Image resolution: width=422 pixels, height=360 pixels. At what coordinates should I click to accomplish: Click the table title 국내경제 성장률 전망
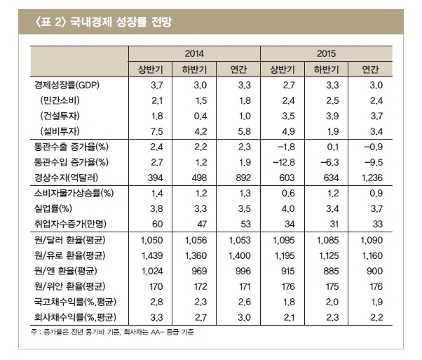[x=121, y=22]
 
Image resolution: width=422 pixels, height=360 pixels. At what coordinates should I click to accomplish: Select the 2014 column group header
[x=194, y=53]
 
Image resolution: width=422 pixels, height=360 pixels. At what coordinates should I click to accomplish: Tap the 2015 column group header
[x=326, y=53]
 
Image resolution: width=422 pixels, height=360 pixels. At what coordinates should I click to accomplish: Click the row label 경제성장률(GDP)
[x=67, y=85]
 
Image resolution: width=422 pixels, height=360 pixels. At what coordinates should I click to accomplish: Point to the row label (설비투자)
[x=60, y=131]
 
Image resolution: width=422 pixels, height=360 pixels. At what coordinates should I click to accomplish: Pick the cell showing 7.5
[x=156, y=131]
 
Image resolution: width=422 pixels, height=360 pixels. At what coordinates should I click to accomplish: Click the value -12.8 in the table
[x=284, y=163]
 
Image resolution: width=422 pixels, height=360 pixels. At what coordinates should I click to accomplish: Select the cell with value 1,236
[x=372, y=178]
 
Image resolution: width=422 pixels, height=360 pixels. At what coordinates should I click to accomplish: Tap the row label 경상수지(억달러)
[x=66, y=178]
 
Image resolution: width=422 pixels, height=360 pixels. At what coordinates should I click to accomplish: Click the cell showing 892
[x=243, y=178]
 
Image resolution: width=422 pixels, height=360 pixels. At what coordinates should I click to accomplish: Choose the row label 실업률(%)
[x=53, y=209]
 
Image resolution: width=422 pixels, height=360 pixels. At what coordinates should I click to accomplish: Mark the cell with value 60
[x=158, y=224]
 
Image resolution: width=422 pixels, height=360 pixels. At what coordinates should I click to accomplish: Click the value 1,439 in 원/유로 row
[x=152, y=255]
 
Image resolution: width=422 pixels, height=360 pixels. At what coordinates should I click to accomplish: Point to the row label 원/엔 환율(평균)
[x=65, y=271]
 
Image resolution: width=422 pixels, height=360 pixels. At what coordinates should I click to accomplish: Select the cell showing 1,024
[x=152, y=271]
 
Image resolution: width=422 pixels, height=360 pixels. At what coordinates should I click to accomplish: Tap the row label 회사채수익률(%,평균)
[x=75, y=317]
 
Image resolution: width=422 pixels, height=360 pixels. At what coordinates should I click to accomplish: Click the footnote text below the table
[x=112, y=332]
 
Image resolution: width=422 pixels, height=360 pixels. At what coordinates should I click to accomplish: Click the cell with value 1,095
[x=284, y=241]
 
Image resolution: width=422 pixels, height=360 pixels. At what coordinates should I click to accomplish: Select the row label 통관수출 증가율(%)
[x=71, y=147]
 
